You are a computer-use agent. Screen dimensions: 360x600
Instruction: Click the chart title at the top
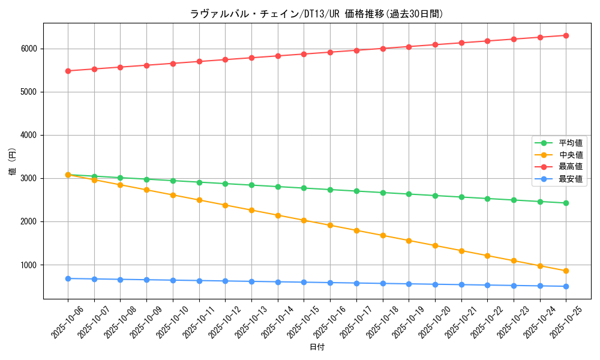(x=317, y=14)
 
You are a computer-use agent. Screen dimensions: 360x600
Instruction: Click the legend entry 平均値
(x=571, y=143)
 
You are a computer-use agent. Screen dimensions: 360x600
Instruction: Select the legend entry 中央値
(x=571, y=155)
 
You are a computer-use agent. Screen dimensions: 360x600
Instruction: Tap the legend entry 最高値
(x=571, y=167)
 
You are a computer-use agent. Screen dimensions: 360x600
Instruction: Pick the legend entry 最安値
(x=571, y=179)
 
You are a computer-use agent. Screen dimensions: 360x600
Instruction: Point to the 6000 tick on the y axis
(x=30, y=49)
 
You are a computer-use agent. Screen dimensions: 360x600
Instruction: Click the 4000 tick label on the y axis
(x=30, y=135)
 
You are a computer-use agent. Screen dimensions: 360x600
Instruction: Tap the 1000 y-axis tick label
(x=30, y=265)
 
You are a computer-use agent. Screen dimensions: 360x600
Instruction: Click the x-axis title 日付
(x=317, y=347)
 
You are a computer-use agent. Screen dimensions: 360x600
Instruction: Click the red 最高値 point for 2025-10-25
(x=566, y=35)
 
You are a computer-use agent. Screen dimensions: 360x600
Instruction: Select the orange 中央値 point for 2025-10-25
(x=566, y=271)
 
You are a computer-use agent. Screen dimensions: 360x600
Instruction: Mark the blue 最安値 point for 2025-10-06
(x=68, y=278)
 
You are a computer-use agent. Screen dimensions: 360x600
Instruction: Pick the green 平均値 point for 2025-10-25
(x=566, y=203)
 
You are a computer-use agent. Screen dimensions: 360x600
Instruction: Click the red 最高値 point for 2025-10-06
(x=68, y=71)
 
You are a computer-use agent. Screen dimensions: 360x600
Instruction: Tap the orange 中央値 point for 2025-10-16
(x=330, y=225)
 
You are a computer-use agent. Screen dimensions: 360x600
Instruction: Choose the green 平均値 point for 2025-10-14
(x=278, y=187)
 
